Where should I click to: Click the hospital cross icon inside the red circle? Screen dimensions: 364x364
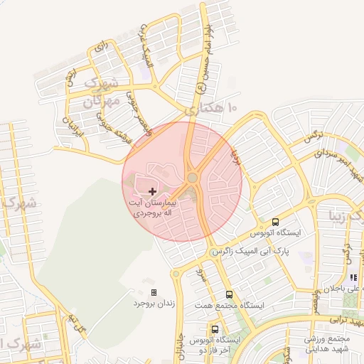[x=152, y=191]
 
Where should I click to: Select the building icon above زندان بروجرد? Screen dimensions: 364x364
[x=154, y=292]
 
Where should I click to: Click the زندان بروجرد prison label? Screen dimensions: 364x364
[x=149, y=304]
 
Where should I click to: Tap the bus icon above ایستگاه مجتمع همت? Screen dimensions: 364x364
[x=229, y=294]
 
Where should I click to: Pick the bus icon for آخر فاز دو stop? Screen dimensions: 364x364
[x=215, y=329]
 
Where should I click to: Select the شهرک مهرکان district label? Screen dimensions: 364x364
[x=99, y=93]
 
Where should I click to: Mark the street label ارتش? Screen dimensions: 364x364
[x=70, y=77]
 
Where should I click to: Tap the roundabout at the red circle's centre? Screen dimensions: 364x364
[x=192, y=178]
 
